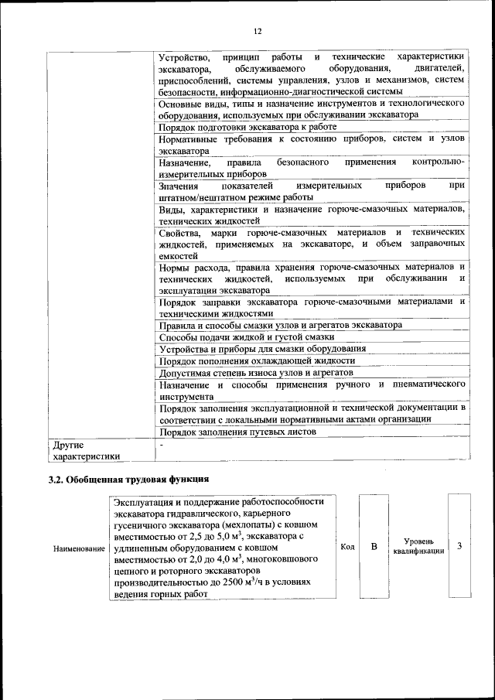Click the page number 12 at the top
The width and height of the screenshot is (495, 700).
258,31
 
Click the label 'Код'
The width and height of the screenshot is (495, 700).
347,547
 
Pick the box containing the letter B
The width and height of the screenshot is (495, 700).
373,547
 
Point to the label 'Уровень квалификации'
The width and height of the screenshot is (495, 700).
418,546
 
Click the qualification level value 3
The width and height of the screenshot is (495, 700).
459,546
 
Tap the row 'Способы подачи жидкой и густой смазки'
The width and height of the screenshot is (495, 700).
247,336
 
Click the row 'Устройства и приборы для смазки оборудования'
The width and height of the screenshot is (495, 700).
262,348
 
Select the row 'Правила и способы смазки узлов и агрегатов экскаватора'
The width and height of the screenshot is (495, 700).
281,325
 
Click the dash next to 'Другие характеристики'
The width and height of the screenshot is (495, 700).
161,445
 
